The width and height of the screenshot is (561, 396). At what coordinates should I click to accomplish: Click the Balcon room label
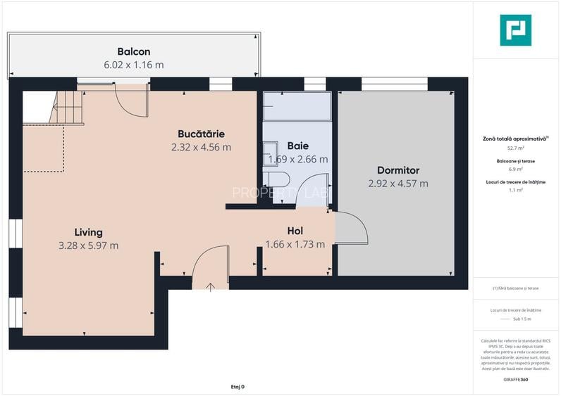(x=134, y=51)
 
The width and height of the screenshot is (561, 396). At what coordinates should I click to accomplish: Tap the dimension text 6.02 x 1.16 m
(x=134, y=65)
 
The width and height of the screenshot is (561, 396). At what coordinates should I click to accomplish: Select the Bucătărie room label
(x=201, y=134)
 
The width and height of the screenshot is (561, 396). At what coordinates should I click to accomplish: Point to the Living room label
(x=89, y=232)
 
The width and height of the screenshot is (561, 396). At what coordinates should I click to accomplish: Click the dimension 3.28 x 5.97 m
(x=89, y=245)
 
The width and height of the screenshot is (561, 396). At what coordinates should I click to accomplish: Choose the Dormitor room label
(x=398, y=170)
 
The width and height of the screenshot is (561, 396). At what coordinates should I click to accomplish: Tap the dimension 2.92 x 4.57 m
(x=398, y=184)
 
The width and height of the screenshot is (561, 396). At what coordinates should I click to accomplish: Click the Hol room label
(x=295, y=231)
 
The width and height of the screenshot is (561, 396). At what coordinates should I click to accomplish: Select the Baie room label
(x=298, y=146)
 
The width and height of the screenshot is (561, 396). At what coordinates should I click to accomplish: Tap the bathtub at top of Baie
(x=297, y=107)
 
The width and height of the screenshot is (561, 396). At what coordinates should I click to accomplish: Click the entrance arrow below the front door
(x=211, y=286)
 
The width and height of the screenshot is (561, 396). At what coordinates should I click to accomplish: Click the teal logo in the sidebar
(x=515, y=30)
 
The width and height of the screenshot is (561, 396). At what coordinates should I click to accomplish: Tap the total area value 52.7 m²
(x=515, y=148)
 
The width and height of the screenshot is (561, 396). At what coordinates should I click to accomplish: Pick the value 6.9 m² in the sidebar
(x=515, y=169)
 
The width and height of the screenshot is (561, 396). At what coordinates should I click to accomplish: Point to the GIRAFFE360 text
(x=515, y=379)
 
